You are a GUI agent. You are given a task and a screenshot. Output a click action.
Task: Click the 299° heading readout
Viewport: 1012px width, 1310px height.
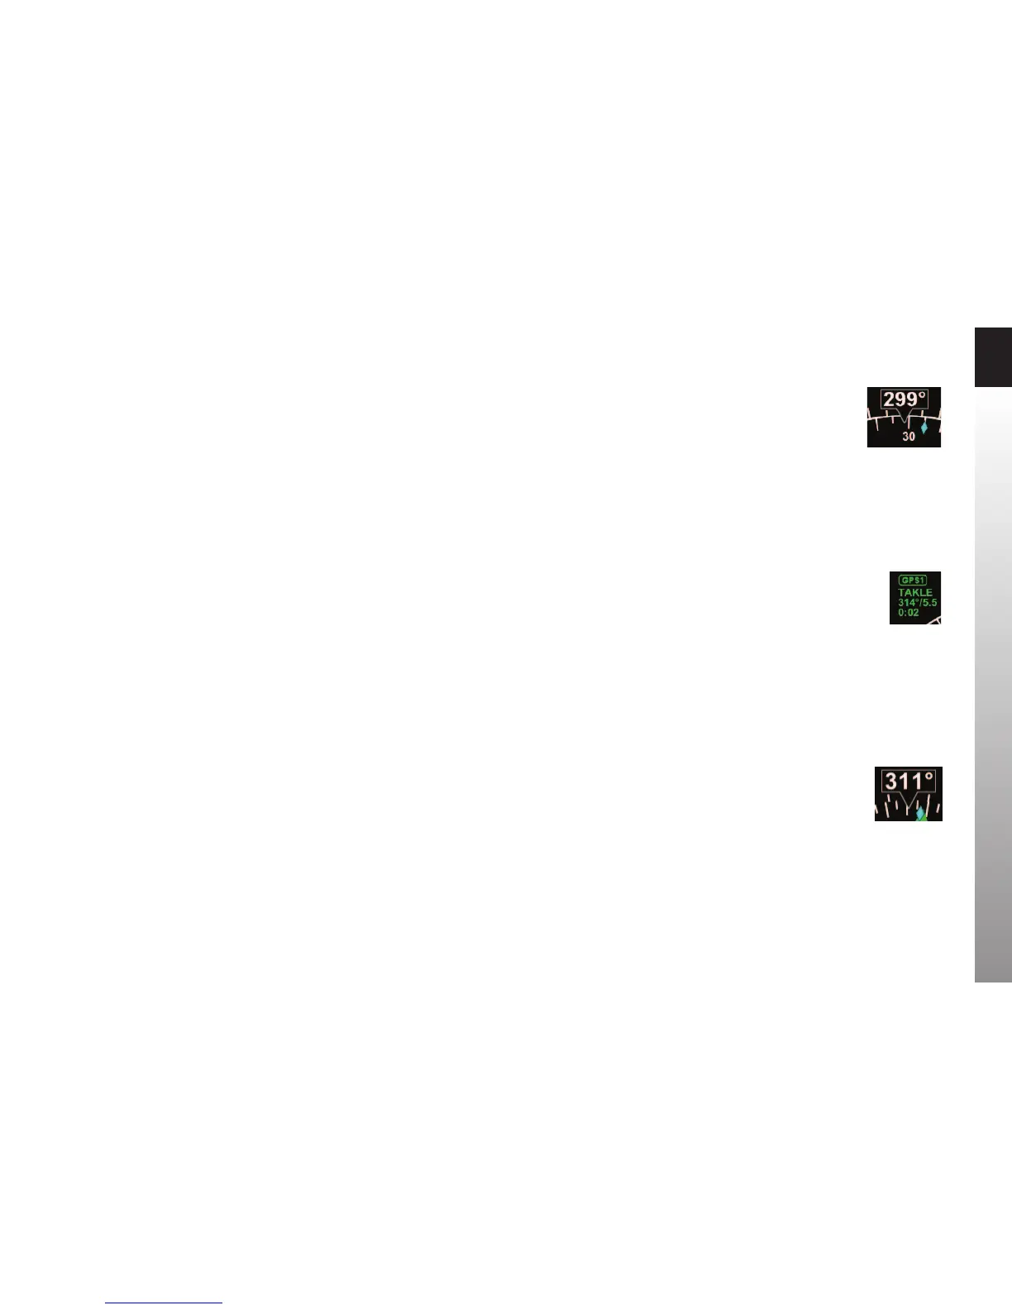click(903, 400)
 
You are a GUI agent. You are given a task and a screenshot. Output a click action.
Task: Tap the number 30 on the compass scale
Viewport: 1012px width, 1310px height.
click(909, 437)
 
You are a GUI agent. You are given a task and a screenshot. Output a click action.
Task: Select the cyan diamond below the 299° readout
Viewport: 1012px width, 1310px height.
click(924, 428)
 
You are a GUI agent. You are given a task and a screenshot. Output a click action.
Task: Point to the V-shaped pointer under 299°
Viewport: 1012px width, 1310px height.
click(903, 416)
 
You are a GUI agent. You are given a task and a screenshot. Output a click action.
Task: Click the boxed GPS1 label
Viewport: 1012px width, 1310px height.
click(913, 580)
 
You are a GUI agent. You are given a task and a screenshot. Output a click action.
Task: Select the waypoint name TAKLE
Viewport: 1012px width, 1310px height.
click(915, 592)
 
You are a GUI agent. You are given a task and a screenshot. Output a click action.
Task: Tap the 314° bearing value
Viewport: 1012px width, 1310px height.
click(908, 603)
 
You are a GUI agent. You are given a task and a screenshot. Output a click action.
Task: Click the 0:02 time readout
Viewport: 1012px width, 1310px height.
click(909, 613)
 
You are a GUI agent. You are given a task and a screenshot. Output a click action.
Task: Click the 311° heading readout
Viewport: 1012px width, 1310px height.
click(909, 782)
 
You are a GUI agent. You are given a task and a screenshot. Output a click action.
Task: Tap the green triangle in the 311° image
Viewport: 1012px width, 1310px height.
click(925, 818)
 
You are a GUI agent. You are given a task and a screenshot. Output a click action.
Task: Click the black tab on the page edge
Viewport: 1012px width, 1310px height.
click(993, 357)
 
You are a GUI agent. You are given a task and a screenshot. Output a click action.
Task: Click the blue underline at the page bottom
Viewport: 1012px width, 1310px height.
click(164, 1303)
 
